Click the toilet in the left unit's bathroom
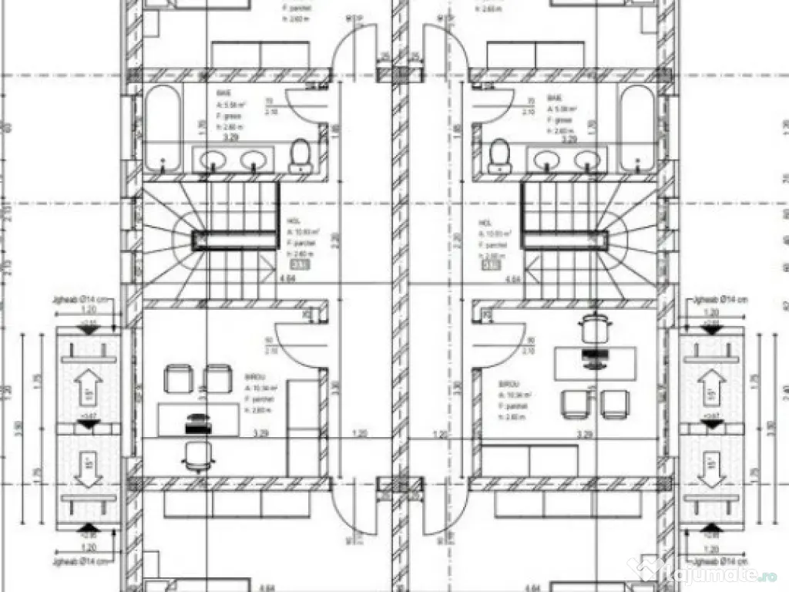point(298,156)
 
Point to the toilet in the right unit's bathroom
point(500,156)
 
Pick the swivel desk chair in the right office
point(592,327)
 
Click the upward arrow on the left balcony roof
point(89,382)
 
